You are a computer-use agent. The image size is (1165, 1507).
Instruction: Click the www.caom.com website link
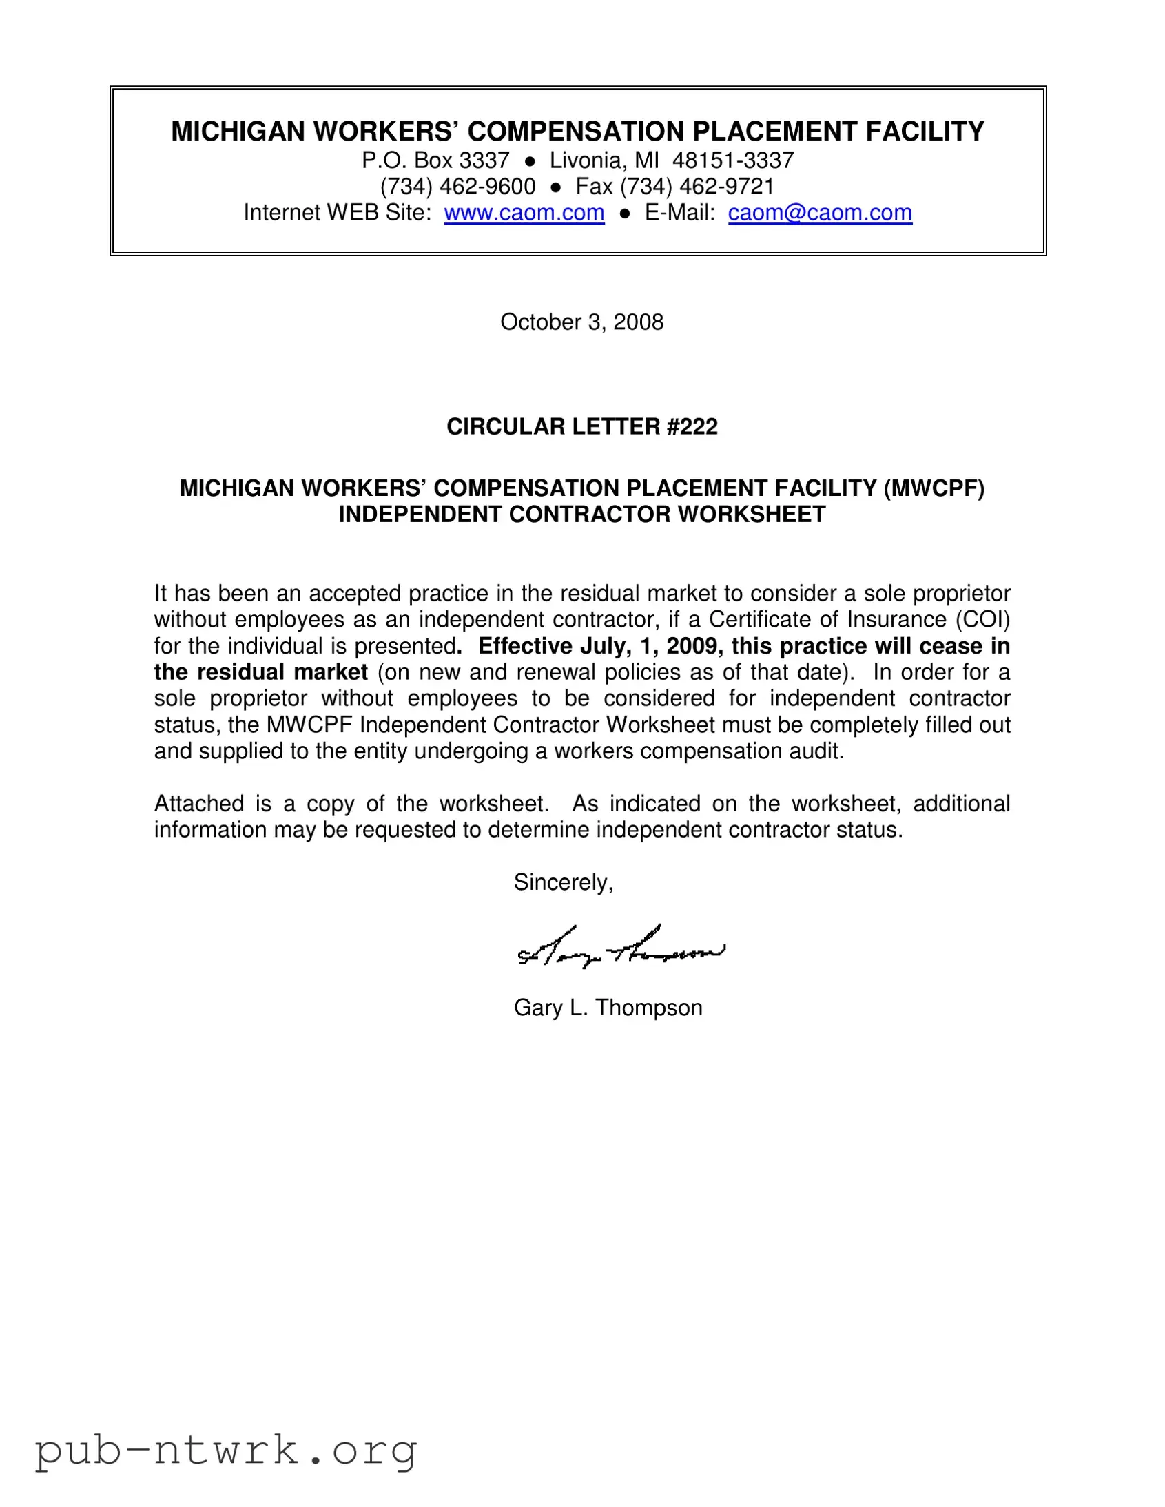pyautogui.click(x=524, y=213)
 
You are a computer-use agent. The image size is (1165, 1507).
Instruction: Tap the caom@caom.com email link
pyautogui.click(x=820, y=213)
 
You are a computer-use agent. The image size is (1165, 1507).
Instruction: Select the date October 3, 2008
pyautogui.click(x=581, y=322)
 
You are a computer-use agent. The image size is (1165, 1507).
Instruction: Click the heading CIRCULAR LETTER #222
pyautogui.click(x=581, y=426)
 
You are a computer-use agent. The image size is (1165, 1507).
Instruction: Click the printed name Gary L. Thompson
pyautogui.click(x=608, y=1008)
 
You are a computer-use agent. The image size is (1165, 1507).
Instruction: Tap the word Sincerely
pyautogui.click(x=561, y=882)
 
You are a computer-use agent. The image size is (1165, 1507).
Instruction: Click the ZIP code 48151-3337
pyautogui.click(x=733, y=160)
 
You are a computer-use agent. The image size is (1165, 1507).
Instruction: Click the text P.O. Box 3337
pyautogui.click(x=435, y=160)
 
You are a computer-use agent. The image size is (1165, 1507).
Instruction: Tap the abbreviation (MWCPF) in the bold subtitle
pyautogui.click(x=934, y=488)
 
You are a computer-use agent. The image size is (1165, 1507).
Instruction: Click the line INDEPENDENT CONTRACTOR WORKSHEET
pyautogui.click(x=581, y=515)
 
